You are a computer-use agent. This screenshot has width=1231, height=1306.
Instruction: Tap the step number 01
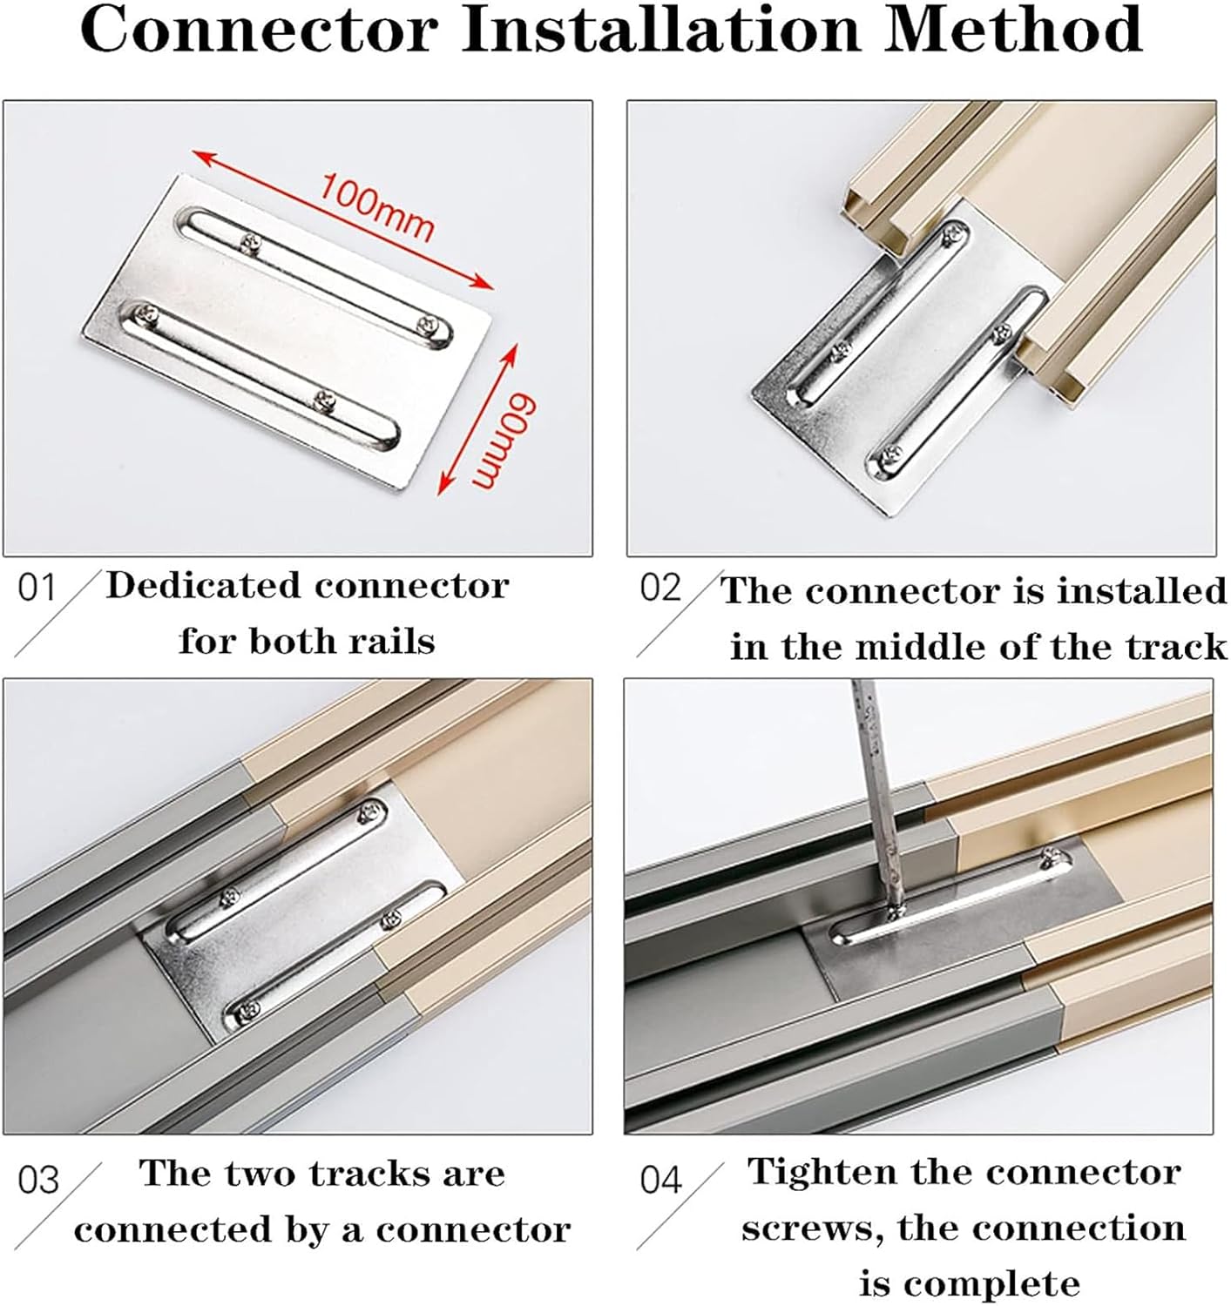click(37, 587)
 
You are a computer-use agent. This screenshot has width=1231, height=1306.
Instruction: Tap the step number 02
click(660, 587)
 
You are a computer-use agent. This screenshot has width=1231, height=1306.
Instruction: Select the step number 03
click(38, 1181)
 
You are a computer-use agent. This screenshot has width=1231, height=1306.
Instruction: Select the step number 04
click(661, 1180)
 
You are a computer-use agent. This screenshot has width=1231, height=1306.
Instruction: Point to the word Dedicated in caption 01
click(203, 584)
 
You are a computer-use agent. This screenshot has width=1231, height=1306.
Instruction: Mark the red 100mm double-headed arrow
click(342, 219)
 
